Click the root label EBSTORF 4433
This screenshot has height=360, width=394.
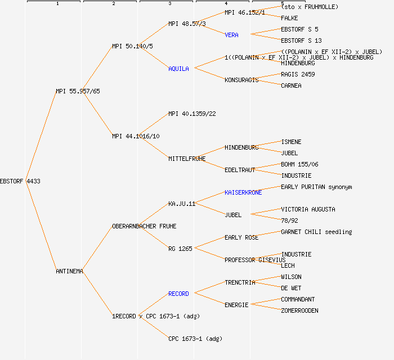(20, 181)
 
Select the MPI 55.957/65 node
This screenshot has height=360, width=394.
(78, 91)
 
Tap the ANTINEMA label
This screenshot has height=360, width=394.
(70, 271)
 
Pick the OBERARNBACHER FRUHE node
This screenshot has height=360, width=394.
(144, 226)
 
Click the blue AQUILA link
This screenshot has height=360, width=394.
(179, 69)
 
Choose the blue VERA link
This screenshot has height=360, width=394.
(231, 35)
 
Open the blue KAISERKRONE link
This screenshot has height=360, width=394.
(243, 192)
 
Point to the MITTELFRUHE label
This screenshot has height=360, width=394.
(187, 159)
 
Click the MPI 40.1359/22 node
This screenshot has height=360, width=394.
(192, 114)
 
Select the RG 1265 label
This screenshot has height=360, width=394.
(180, 249)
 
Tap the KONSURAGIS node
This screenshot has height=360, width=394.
(241, 80)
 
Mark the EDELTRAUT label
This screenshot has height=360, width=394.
(240, 170)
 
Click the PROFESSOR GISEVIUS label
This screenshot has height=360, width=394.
(255, 260)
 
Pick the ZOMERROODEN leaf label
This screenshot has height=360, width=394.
(299, 310)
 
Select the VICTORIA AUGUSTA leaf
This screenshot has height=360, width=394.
(308, 209)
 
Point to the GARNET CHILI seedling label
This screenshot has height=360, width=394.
(316, 232)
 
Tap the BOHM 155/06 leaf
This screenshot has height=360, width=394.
(299, 164)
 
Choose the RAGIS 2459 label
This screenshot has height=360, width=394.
(298, 74)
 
